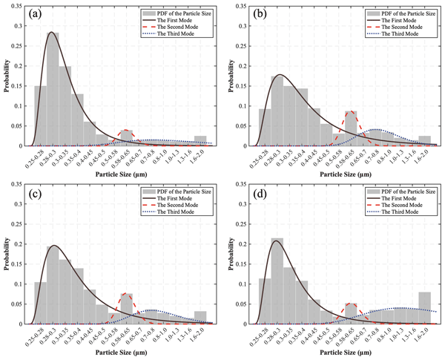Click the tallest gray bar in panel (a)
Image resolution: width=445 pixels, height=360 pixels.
tap(53, 89)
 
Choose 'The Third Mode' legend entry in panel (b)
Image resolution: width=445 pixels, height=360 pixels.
tap(403, 34)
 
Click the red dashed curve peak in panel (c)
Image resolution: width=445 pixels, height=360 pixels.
tap(125, 294)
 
